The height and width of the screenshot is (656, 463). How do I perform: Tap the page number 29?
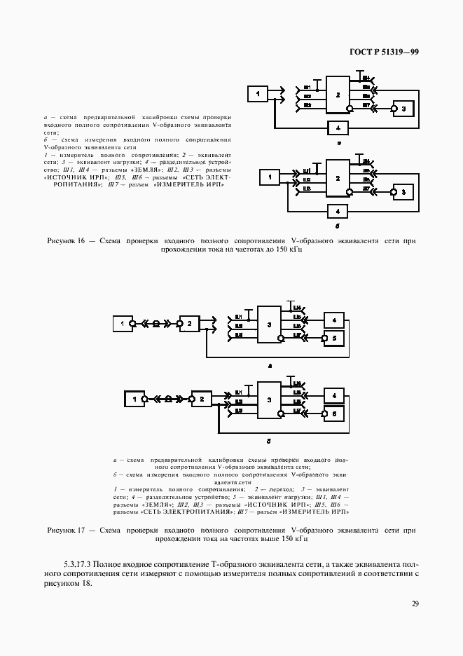coord(415,603)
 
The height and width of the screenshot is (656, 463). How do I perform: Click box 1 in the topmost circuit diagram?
coord(257,94)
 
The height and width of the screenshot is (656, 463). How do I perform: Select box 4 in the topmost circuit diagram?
coord(338,128)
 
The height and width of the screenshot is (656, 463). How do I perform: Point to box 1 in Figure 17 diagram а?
coord(123,324)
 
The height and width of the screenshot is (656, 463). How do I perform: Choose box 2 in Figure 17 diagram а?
coord(188,324)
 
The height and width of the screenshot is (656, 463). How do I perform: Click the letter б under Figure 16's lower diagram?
coord(338,227)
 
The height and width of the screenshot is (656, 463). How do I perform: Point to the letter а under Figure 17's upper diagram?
coord(269,366)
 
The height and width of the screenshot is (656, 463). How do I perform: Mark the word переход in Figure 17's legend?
coord(273,488)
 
